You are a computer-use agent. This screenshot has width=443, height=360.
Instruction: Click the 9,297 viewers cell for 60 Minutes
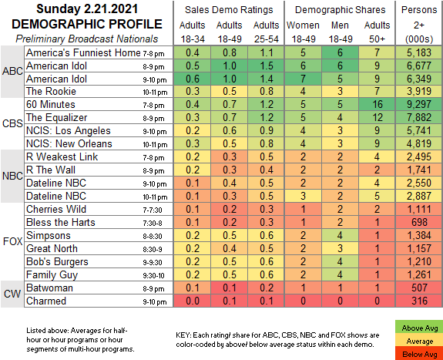point(419,104)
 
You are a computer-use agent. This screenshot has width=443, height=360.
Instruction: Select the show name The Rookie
point(51,91)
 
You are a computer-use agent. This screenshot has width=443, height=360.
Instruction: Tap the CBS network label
point(12,123)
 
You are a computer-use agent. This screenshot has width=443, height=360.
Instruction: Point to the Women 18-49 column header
point(303,32)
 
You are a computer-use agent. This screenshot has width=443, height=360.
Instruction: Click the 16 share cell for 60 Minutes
point(377,104)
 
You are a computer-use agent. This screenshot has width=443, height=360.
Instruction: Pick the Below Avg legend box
point(420,354)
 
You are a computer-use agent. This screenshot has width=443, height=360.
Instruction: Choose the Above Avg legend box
point(420,328)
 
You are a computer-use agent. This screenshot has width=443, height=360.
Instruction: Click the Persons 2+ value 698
point(419,222)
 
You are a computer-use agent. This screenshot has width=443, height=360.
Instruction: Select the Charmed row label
point(46,301)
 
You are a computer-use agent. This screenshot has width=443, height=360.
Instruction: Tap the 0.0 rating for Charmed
point(193,301)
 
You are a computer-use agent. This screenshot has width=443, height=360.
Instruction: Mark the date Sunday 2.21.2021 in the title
point(87,8)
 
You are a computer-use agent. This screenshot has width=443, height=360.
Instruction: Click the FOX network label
point(12,241)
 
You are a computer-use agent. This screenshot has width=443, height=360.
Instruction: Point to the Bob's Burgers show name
point(57,261)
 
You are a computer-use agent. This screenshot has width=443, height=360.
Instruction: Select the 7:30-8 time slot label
point(153,224)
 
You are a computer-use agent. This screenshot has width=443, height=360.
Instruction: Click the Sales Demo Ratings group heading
point(229,10)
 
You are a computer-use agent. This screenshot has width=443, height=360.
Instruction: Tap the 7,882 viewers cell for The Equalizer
point(419,117)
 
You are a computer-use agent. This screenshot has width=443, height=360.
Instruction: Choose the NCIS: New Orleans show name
point(69,143)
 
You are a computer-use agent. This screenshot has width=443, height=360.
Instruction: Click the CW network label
point(12,294)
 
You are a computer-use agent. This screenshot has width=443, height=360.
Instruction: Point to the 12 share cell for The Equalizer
point(377,117)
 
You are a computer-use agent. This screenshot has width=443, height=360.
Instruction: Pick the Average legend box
point(420,341)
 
